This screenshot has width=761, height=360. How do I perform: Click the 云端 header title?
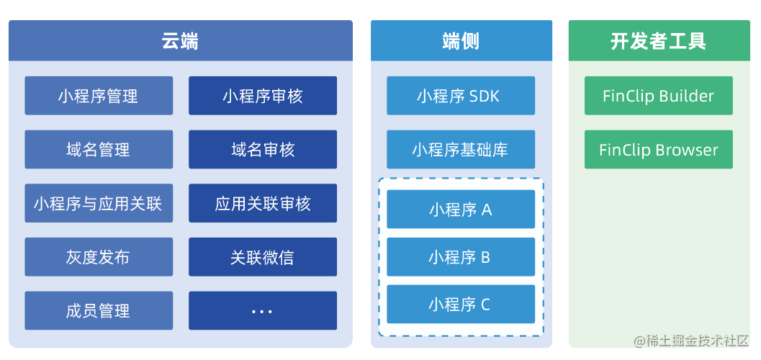[x=180, y=41]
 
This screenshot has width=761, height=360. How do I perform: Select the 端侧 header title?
[x=461, y=41]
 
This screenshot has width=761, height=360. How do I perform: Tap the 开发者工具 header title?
[x=658, y=41]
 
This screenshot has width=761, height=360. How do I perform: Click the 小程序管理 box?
[x=99, y=96]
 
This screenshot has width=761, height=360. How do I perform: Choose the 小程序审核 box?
[x=263, y=96]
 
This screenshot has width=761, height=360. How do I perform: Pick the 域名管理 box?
[x=99, y=150]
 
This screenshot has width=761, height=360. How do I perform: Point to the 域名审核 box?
[x=263, y=150]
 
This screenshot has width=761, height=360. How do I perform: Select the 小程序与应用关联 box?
[x=99, y=204]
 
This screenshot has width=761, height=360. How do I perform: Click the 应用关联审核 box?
[x=263, y=204]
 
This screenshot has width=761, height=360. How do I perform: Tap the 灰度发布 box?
[x=99, y=257]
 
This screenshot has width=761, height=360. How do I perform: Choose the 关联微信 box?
[x=263, y=257]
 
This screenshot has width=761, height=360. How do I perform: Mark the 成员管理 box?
[x=99, y=311]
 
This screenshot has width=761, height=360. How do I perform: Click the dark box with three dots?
[x=263, y=311]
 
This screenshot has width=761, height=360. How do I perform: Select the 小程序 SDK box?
[x=461, y=96]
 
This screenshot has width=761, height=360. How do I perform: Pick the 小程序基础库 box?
[x=461, y=150]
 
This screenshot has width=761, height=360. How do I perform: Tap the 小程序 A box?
[x=461, y=210]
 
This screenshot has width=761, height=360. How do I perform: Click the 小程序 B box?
[x=461, y=257]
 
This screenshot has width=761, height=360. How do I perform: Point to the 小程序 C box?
[x=461, y=305]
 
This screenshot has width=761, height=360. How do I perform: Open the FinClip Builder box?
[x=658, y=96]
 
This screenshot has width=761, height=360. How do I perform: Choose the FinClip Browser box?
[x=658, y=150]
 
